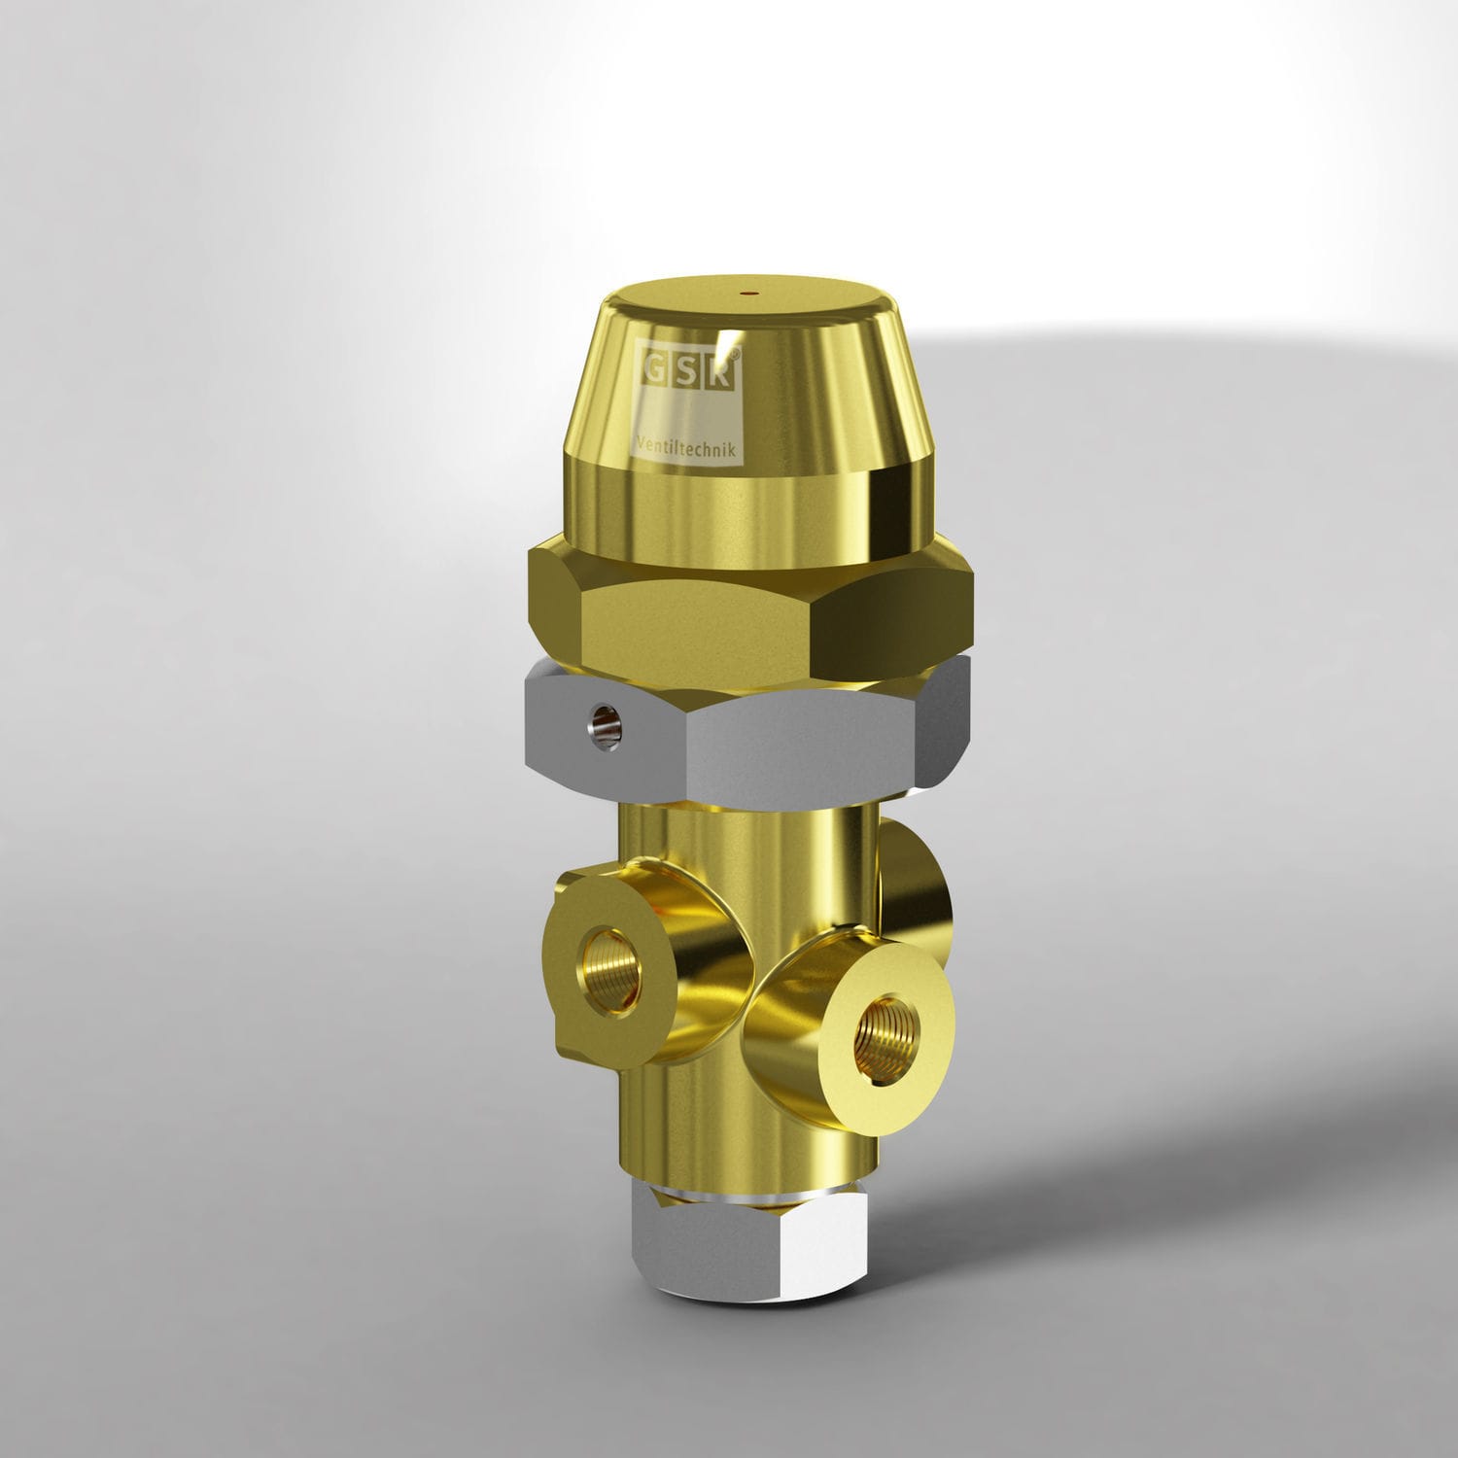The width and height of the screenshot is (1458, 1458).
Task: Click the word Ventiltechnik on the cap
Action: coord(688,446)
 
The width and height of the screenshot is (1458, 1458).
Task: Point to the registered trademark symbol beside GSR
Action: coord(743,357)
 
